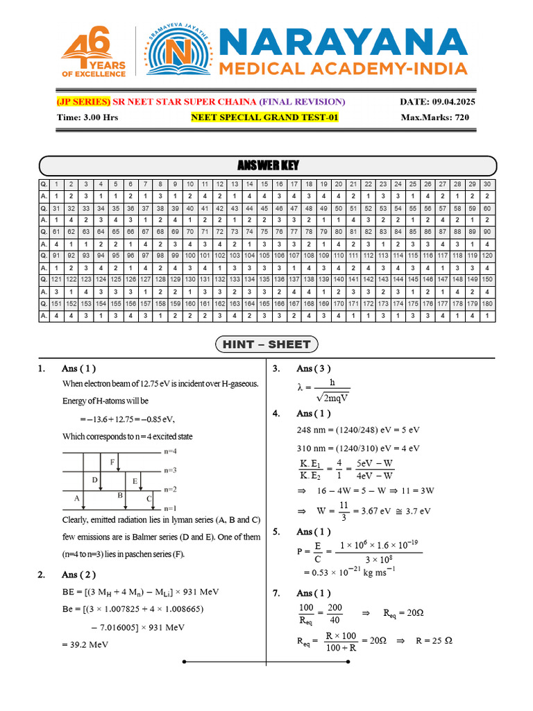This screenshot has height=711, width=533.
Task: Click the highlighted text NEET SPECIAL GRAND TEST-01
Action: point(264,117)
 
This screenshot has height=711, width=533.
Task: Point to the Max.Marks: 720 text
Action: point(434,117)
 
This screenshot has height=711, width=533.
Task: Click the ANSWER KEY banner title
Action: point(268,165)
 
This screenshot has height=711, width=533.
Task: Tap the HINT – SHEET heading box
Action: point(267,344)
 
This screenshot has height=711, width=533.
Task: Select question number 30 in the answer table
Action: point(487,184)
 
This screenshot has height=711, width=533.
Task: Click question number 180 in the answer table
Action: point(487,303)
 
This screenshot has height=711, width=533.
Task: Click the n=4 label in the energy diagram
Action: point(171,451)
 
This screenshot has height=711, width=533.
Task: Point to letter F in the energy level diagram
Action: point(112,462)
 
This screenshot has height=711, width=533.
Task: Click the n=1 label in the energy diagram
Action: point(171,508)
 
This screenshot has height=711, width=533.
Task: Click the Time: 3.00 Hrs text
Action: point(87,117)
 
